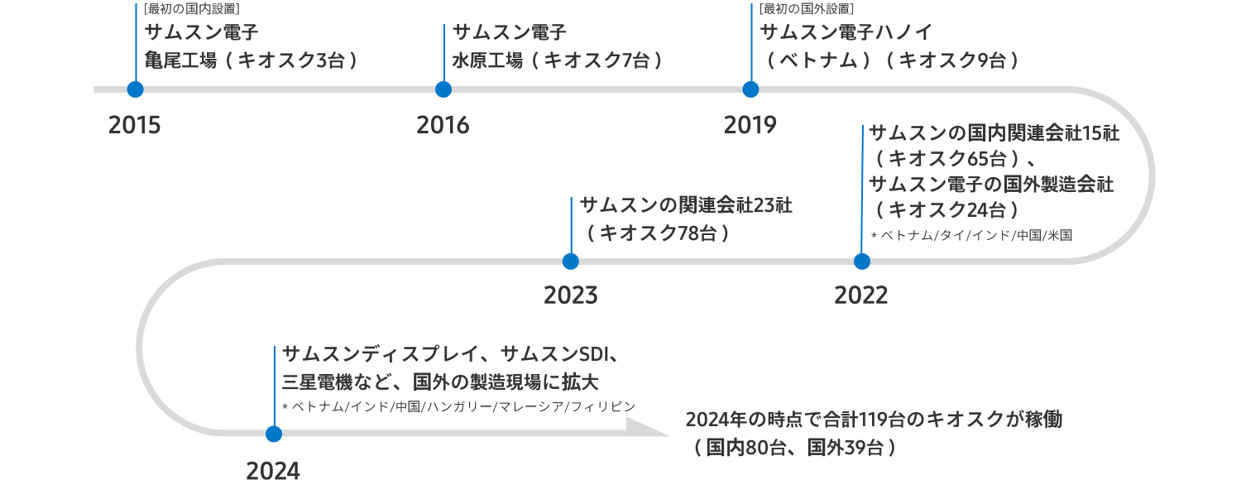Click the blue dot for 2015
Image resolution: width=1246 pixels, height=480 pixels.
pos(135,89)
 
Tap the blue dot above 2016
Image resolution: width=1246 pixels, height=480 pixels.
pos(443,89)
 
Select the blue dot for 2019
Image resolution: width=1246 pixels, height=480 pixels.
pos(751,89)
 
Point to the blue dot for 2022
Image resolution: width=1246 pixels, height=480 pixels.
pos(861,262)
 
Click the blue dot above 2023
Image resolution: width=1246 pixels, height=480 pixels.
pos(571,262)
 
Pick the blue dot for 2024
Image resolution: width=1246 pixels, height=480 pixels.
pos(274,434)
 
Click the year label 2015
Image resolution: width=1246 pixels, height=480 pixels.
pos(135,125)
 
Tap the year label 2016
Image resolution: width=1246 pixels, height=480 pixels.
pos(443,125)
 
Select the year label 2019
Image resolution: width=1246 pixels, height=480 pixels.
pos(750,125)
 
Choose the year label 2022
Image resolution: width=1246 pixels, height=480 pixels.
pos(861,295)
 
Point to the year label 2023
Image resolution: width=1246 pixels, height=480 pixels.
pos(571,295)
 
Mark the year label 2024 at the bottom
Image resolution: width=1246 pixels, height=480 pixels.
pos(273,471)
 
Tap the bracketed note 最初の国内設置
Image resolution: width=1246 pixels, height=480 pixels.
pos(192,9)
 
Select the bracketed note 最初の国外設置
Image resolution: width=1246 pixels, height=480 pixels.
pos(807,9)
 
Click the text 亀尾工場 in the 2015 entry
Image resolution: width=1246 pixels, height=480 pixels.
pos(181,60)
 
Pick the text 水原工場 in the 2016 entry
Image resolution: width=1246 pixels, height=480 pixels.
pos(488,60)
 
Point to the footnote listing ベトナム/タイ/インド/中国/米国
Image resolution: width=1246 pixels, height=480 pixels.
pos(972,235)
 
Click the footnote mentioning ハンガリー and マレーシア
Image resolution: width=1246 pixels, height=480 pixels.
pos(459,406)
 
